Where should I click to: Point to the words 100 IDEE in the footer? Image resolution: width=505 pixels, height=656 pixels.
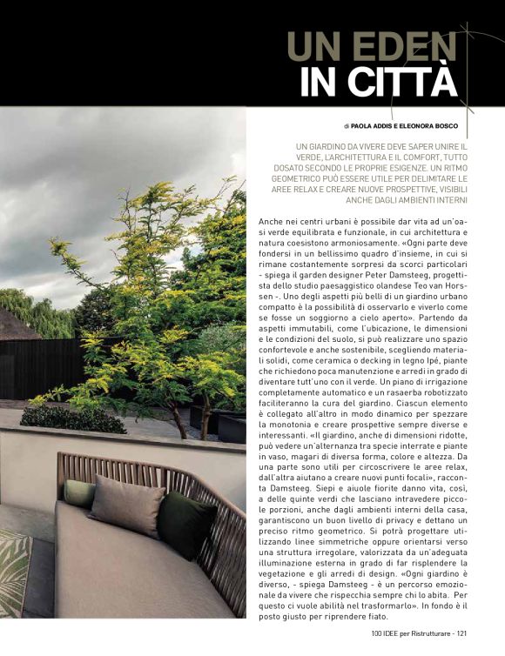click(x=385, y=644)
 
